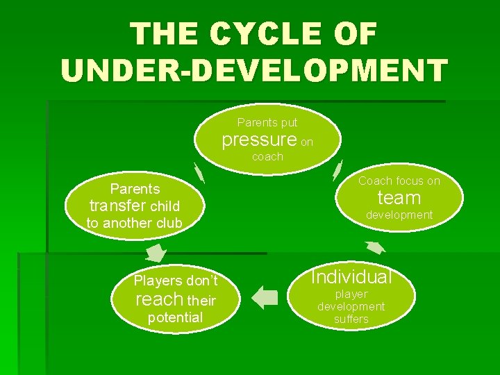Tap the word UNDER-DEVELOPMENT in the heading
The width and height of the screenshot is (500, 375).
click(x=254, y=71)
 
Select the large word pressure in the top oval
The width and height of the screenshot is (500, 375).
click(x=259, y=139)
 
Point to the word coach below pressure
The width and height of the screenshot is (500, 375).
click(x=267, y=157)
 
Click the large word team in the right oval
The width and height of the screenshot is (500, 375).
click(x=399, y=198)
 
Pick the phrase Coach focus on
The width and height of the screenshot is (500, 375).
click(x=399, y=181)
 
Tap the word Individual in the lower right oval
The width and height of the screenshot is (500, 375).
click(x=351, y=277)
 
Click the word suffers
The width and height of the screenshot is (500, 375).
click(x=351, y=319)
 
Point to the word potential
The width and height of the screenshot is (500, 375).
click(x=176, y=317)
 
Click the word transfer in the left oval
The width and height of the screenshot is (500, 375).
click(x=118, y=206)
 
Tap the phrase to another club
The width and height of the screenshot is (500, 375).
click(x=134, y=223)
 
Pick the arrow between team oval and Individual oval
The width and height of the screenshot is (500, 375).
click(x=376, y=247)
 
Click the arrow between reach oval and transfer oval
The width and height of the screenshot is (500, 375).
click(x=157, y=252)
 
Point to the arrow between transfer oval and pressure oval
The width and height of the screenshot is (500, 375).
click(x=199, y=169)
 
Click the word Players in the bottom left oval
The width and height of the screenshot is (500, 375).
click(x=154, y=281)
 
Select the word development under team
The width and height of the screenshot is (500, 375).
click(x=399, y=215)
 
